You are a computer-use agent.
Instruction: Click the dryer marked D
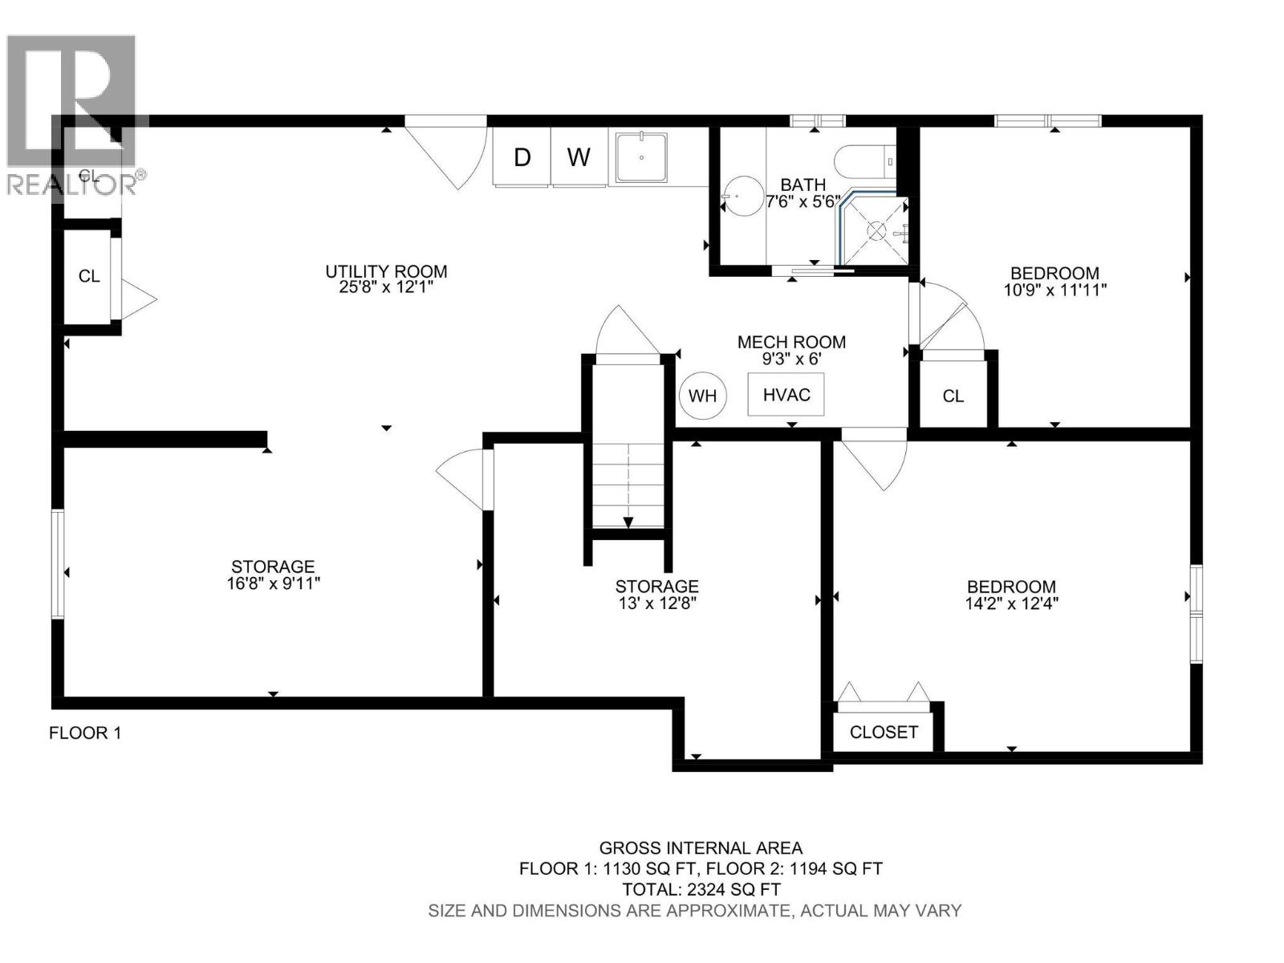(x=522, y=157)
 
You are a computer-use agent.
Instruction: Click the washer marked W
(x=579, y=157)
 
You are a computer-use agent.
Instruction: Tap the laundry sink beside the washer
(x=642, y=158)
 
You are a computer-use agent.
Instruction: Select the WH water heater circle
(x=702, y=396)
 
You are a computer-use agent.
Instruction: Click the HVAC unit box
(x=786, y=395)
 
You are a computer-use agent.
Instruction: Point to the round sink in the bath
(x=741, y=196)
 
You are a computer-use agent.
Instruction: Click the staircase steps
(x=628, y=486)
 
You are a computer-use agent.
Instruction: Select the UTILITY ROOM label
(x=386, y=271)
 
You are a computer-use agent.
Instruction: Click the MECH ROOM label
(x=791, y=343)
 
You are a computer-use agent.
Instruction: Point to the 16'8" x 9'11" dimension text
(x=273, y=583)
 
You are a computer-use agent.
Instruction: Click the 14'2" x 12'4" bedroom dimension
(x=1011, y=603)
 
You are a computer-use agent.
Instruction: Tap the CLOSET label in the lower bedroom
(x=884, y=732)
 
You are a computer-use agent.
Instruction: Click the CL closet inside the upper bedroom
(x=953, y=396)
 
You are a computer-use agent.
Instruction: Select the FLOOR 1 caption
(x=85, y=733)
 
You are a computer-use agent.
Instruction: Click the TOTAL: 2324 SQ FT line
(x=701, y=889)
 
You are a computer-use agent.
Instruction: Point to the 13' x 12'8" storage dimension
(x=656, y=603)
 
